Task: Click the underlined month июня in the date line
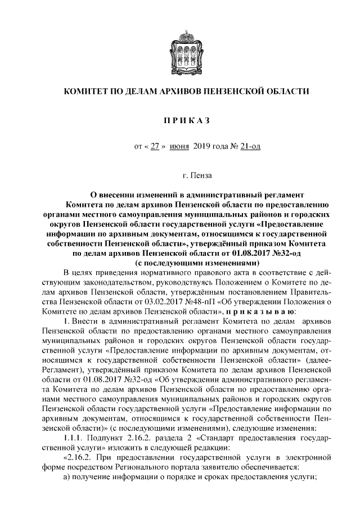(179, 147)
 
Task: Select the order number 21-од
(249, 147)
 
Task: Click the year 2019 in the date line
(201, 147)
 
